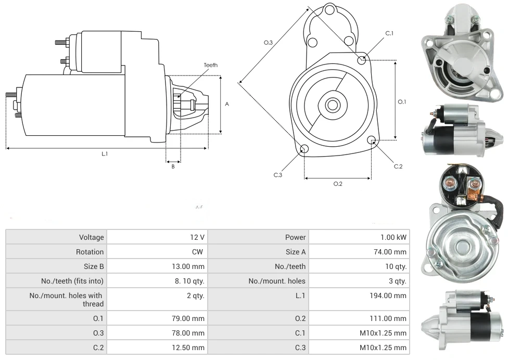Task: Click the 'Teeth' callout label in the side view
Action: point(211,65)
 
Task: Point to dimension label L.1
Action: point(105,153)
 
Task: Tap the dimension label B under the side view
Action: point(173,166)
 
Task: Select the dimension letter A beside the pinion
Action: point(227,104)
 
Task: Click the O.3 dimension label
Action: point(268,43)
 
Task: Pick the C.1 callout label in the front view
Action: point(389,33)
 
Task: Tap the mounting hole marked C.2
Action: point(372,140)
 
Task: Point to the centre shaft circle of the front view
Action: point(332,105)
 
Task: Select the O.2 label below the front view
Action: point(338,184)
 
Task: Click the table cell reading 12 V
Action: point(197,237)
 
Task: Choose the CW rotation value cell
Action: point(199,252)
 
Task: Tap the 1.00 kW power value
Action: point(393,237)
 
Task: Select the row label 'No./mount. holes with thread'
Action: point(66,300)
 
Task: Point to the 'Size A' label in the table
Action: point(296,252)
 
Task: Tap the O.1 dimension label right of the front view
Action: point(402,102)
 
